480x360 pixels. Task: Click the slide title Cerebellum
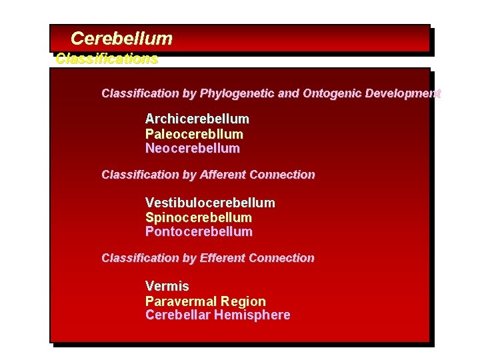point(121,39)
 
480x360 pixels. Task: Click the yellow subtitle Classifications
point(107,59)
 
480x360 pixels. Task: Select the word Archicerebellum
point(197,119)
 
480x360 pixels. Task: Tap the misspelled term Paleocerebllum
point(194,134)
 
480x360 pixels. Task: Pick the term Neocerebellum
point(193,148)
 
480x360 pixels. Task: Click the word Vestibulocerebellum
point(210,203)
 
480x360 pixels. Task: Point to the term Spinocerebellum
point(199,217)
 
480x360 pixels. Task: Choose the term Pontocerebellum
point(199,232)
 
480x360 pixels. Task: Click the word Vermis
point(167,287)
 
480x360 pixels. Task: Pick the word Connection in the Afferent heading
point(282,175)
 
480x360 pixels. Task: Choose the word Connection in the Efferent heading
point(281,258)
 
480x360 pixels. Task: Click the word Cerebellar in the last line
point(177,315)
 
